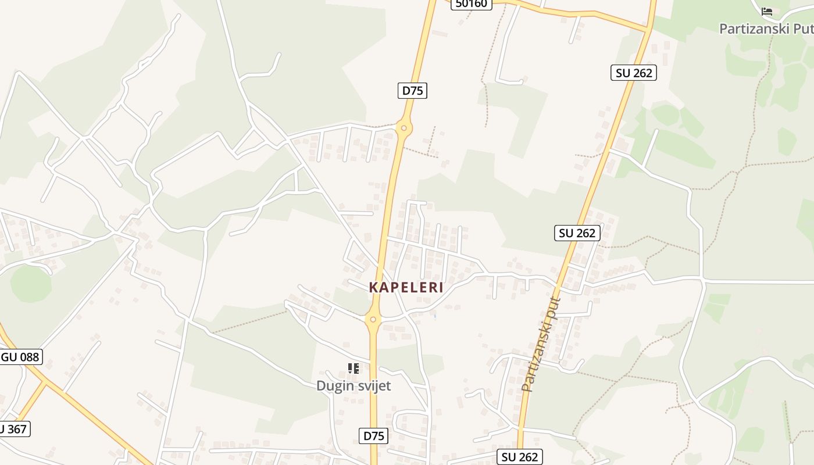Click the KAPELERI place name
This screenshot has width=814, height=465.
406,287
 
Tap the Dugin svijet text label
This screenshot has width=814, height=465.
354,385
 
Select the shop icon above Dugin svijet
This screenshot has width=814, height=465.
354,368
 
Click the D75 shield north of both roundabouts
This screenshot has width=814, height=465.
413,90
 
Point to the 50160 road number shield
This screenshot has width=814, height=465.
472,3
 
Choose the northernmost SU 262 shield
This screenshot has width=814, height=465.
634,73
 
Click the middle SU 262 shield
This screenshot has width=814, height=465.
577,233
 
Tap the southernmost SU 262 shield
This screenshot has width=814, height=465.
520,457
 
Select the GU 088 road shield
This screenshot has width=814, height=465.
21,357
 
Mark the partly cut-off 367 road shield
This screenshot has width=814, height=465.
14,429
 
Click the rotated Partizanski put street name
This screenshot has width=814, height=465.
541,344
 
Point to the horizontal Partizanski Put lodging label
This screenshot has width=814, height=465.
766,28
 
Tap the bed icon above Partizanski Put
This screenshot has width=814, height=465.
767,11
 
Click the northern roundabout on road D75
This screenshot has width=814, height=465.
404,127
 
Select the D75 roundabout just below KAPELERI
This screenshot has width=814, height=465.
373,319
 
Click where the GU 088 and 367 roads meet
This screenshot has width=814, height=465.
45,383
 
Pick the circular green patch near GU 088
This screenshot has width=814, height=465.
30,284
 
